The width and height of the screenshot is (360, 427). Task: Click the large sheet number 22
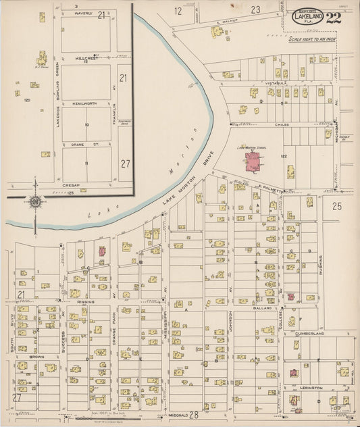332,18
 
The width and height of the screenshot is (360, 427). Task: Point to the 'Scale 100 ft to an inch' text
311,40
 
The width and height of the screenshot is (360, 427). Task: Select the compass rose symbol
34,201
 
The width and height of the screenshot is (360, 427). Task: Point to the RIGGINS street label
84,302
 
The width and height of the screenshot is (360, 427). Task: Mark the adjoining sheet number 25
337,207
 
